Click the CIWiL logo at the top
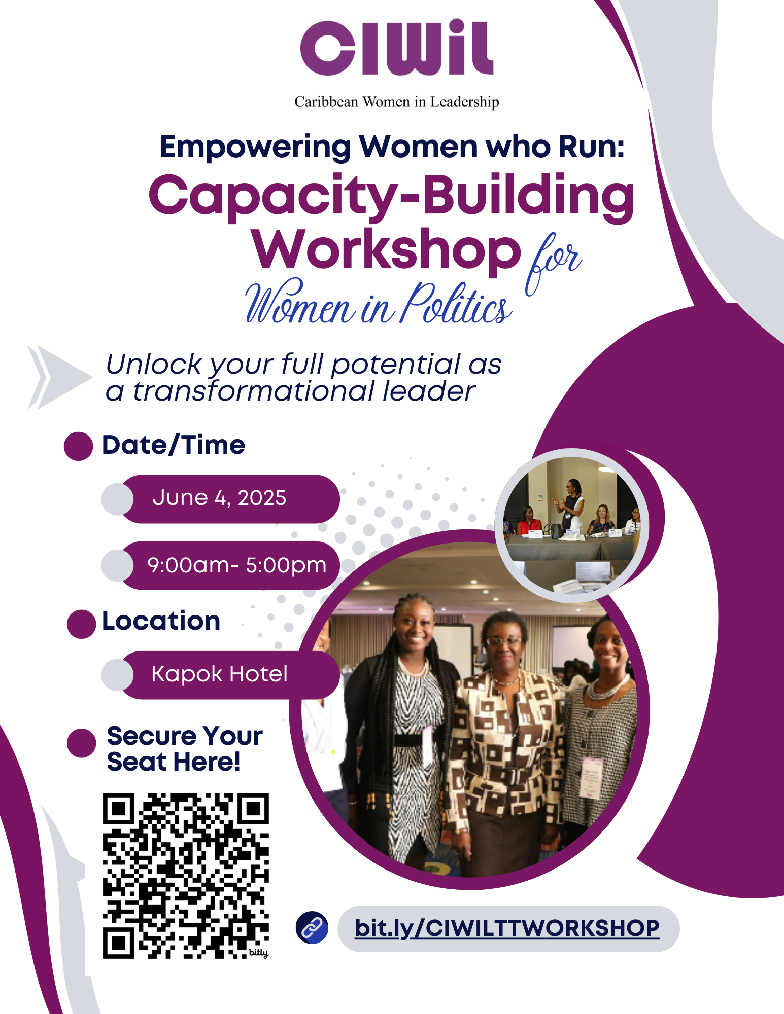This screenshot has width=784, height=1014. coord(397,48)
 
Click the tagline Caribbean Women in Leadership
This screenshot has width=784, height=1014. coord(397,102)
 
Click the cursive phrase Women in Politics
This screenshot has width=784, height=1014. coord(379,303)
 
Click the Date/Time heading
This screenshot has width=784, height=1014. coord(174,445)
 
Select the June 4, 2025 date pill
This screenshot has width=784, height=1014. coord(221,499)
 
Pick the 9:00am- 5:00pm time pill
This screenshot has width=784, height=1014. coord(221,565)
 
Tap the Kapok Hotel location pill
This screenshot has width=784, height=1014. coord(221,675)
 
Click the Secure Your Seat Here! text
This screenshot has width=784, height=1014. coord(185,748)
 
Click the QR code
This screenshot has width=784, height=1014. coord(186,876)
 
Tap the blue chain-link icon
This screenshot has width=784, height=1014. coord(312,927)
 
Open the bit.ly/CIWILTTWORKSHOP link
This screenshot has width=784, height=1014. coord(507,928)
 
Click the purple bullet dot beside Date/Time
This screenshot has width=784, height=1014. coord(78,446)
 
